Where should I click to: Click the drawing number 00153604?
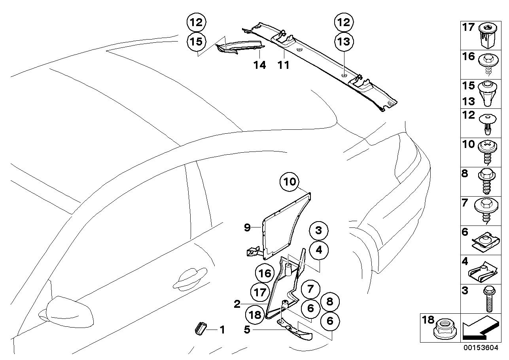[481, 354]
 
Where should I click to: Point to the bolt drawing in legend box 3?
[490, 298]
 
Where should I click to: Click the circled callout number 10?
[289, 182]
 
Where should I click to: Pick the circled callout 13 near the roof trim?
[344, 42]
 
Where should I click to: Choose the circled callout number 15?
[196, 42]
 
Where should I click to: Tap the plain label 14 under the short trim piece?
[259, 65]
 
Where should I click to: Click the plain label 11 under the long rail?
[283, 65]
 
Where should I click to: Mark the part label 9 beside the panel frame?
[247, 227]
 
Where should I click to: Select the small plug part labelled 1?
[201, 329]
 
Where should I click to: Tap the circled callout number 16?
[265, 273]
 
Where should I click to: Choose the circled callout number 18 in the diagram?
[255, 315]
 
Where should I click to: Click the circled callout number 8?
[330, 301]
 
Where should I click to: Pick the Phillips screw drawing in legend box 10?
[488, 152]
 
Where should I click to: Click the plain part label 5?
[247, 330]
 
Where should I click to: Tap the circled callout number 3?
[319, 231]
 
